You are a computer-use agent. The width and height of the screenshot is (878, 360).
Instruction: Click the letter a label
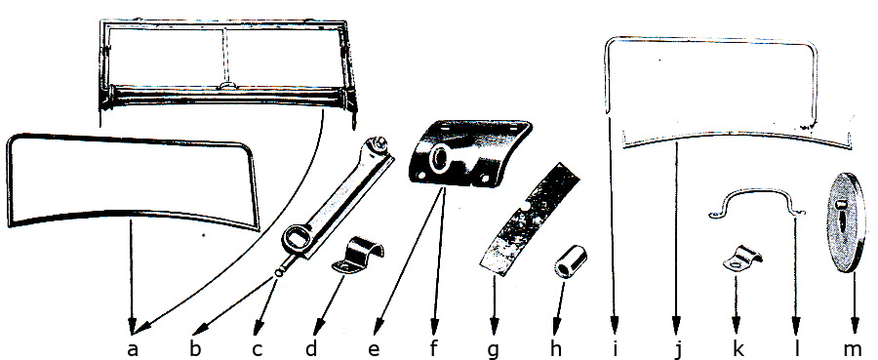point(132,348)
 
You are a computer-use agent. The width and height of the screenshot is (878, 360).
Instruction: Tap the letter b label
point(195,346)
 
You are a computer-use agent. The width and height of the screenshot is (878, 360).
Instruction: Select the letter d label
point(311,346)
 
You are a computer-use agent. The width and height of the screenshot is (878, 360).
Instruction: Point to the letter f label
point(433,346)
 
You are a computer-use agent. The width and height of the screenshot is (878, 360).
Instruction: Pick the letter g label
point(494,350)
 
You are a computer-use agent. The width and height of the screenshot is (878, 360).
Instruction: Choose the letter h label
point(555,346)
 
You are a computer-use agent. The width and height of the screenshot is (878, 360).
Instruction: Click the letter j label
point(679,349)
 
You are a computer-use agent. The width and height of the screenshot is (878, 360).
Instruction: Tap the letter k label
point(738,346)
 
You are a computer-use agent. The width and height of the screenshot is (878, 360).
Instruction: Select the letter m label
point(855,348)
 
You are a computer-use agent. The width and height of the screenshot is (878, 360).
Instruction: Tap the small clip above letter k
point(742,259)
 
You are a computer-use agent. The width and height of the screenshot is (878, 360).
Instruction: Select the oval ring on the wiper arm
point(298,241)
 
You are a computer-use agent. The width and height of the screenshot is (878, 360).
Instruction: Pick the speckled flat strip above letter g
point(529,219)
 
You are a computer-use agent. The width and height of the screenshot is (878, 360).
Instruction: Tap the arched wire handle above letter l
point(756,202)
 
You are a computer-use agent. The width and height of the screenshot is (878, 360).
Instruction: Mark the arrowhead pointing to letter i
point(615,324)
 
